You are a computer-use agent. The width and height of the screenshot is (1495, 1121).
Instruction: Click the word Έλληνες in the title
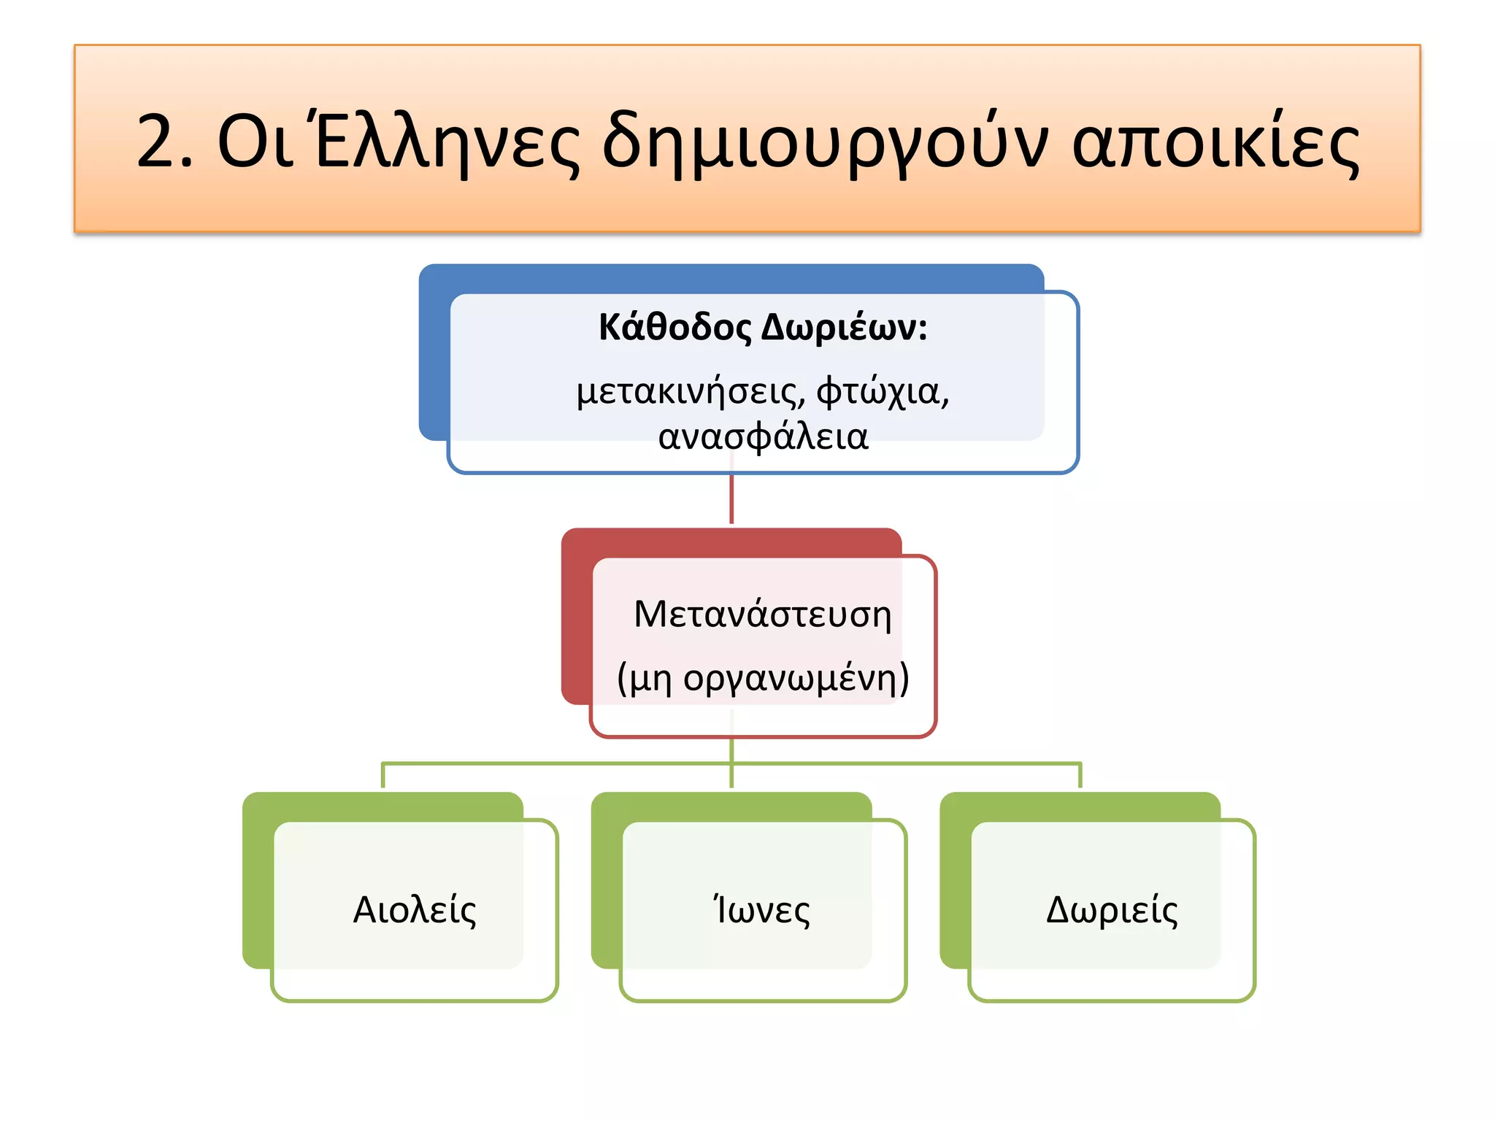[447, 142]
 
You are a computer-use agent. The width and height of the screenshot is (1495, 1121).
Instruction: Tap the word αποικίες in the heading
[1215, 142]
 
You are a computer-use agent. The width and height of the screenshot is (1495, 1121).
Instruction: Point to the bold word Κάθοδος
[675, 328]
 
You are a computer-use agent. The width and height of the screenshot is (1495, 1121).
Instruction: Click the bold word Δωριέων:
[844, 328]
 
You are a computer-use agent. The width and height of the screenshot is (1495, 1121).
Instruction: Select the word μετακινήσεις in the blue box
[690, 392]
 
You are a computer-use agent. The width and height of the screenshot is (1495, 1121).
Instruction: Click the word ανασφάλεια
[763, 437]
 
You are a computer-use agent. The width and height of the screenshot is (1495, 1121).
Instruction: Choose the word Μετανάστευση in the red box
[763, 615]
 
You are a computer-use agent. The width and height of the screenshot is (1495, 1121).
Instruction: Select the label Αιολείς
[415, 910]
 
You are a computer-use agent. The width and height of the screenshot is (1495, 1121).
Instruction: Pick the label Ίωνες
[761, 910]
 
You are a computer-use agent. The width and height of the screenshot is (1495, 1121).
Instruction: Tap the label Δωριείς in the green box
[1112, 910]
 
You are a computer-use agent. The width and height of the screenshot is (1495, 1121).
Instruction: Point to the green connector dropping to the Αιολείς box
[383, 776]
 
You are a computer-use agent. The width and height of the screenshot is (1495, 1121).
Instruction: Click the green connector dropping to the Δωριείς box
[1080, 776]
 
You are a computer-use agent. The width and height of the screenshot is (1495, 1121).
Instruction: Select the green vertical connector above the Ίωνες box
[731, 777]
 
